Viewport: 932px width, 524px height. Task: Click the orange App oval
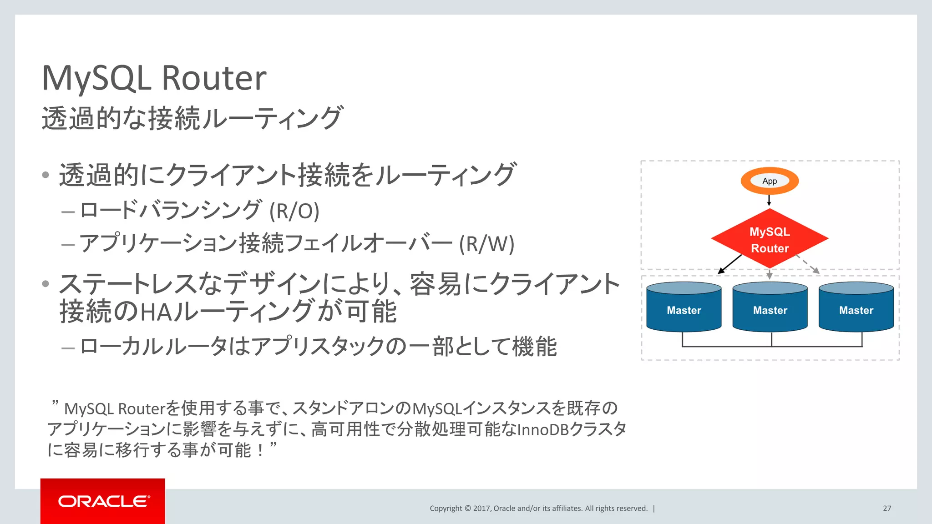[x=770, y=181]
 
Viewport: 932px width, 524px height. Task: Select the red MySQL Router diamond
[x=770, y=239]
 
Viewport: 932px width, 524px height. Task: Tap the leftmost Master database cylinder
[x=684, y=307]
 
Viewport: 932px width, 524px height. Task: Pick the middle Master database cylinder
[x=770, y=307]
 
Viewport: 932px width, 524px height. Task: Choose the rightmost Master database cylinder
[x=856, y=307]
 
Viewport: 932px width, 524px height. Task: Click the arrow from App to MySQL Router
[x=769, y=200]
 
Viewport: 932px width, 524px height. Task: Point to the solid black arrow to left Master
[x=729, y=264]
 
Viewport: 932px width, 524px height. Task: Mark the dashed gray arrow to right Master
[x=808, y=264]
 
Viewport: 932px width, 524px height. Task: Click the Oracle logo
[x=103, y=501]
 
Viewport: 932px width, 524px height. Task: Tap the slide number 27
[x=887, y=509]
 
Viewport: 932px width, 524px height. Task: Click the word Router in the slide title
[x=214, y=78]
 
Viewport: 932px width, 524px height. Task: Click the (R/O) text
[x=294, y=211]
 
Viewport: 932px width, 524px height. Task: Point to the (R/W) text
[x=486, y=244]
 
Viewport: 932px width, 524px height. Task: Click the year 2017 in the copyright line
[x=481, y=509]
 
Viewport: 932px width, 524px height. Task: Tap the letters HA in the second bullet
[x=157, y=312]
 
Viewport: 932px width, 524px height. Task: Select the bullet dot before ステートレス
[x=46, y=284]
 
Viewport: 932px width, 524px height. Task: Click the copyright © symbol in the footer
[x=467, y=509]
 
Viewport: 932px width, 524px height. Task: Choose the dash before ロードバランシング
[x=68, y=212]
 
